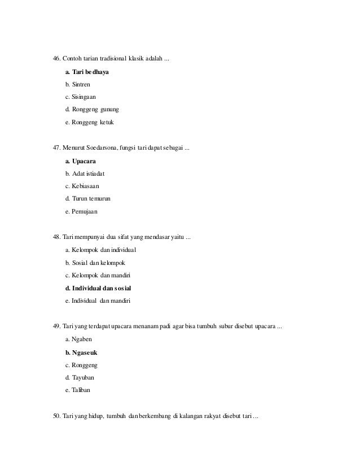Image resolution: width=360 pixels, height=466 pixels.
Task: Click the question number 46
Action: click(56, 59)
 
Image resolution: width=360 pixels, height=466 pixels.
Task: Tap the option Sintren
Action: click(77, 85)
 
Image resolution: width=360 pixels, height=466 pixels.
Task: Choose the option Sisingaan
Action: click(81, 97)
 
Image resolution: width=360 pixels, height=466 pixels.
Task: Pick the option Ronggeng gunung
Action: click(92, 109)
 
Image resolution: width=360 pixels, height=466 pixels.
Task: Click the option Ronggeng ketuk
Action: click(90, 121)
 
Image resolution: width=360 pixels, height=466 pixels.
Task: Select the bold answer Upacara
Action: click(84, 162)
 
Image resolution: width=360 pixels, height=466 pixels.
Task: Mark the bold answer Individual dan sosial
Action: click(98, 289)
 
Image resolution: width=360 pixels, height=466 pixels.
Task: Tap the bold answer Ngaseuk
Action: click(82, 352)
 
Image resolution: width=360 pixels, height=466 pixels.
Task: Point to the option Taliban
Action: click(80, 390)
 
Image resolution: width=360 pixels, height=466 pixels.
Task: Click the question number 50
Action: click(56, 417)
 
